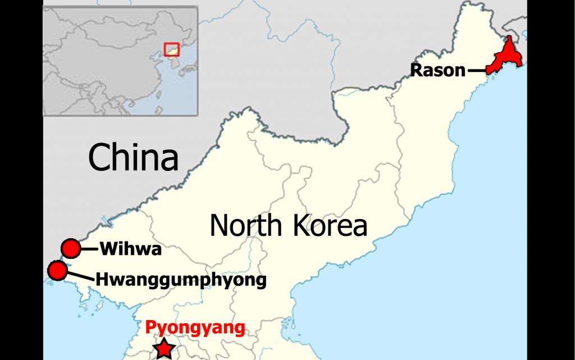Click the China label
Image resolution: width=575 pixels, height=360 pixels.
133,157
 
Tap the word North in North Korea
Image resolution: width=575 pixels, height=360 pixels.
246,226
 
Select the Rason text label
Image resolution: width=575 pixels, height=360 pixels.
438,71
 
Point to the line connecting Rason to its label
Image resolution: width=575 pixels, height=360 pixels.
476,71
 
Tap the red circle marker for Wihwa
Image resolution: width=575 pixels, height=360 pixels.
71,248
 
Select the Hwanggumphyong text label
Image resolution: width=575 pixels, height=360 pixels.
180,279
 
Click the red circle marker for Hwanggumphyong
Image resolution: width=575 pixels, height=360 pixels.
57,271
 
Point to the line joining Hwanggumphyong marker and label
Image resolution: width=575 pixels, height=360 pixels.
79,275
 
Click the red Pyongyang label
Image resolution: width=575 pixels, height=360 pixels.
195,327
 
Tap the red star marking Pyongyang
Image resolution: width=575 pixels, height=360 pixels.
163,349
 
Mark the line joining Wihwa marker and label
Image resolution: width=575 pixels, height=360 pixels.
89,248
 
